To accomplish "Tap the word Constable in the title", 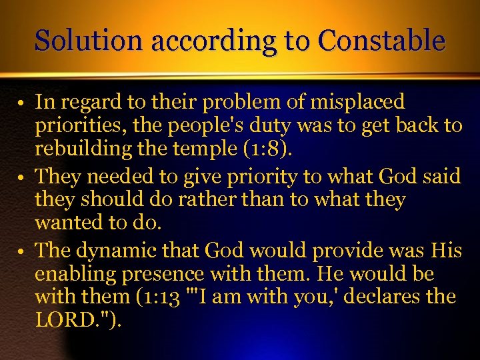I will coord(381,41).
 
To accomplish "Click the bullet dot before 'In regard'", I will coord(22,104).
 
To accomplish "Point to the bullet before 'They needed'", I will coord(22,178).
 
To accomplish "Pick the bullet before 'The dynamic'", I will coord(22,252).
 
